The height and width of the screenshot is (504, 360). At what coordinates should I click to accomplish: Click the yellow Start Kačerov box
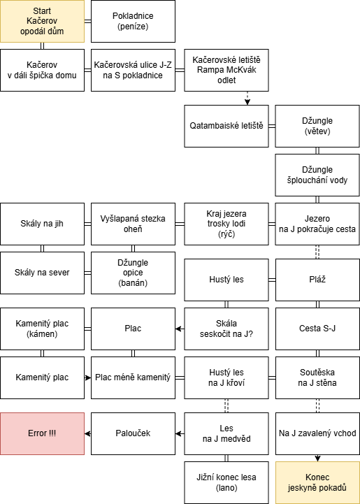(42, 21)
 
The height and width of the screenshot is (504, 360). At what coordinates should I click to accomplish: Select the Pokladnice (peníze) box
(133, 21)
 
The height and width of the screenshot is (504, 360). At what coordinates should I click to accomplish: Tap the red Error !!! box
(42, 433)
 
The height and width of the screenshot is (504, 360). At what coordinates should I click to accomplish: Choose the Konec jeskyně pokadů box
(317, 482)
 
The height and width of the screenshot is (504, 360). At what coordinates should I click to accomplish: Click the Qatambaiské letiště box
(226, 126)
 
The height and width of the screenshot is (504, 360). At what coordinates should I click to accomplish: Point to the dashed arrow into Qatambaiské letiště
(247, 99)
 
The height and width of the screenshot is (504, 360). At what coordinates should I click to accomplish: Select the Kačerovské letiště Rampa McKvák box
(226, 70)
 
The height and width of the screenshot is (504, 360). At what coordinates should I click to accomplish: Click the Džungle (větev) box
(317, 126)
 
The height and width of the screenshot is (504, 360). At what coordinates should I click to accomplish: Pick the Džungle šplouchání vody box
(317, 175)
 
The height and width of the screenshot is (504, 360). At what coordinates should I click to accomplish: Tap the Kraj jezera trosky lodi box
(226, 224)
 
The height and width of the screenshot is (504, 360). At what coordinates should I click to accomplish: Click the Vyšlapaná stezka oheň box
(133, 224)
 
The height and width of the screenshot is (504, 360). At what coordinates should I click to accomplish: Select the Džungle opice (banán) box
(133, 273)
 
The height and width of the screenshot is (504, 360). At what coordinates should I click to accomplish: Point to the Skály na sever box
(42, 273)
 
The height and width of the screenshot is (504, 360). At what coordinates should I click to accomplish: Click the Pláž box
(317, 280)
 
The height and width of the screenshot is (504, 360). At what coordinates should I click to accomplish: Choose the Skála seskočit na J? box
(226, 329)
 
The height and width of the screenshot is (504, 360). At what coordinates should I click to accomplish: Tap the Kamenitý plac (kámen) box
(42, 329)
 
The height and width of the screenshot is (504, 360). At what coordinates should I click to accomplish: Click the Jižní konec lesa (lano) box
(226, 482)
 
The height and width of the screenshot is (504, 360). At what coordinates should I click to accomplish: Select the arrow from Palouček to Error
(88, 434)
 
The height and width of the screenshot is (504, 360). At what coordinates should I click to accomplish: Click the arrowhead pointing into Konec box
(317, 459)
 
